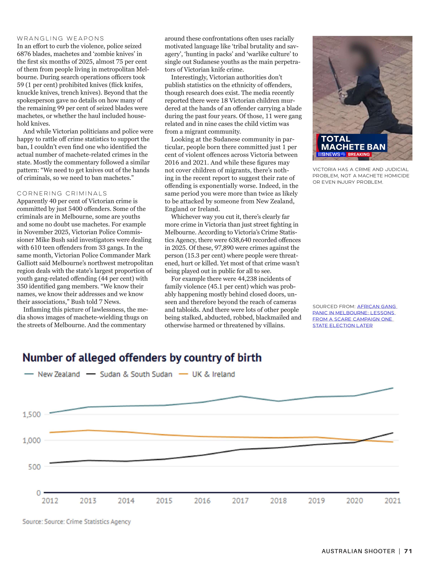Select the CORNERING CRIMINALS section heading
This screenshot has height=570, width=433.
pyautogui.click(x=62, y=193)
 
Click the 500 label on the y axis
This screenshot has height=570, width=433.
pyautogui.click(x=34, y=467)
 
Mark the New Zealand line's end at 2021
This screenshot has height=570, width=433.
pyautogui.click(x=393, y=388)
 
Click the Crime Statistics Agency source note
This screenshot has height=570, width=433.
pyautogui.click(x=77, y=522)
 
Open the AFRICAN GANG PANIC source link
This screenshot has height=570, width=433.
pyautogui.click(x=355, y=316)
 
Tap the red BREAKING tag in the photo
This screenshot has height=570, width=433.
pyautogui.click(x=359, y=154)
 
